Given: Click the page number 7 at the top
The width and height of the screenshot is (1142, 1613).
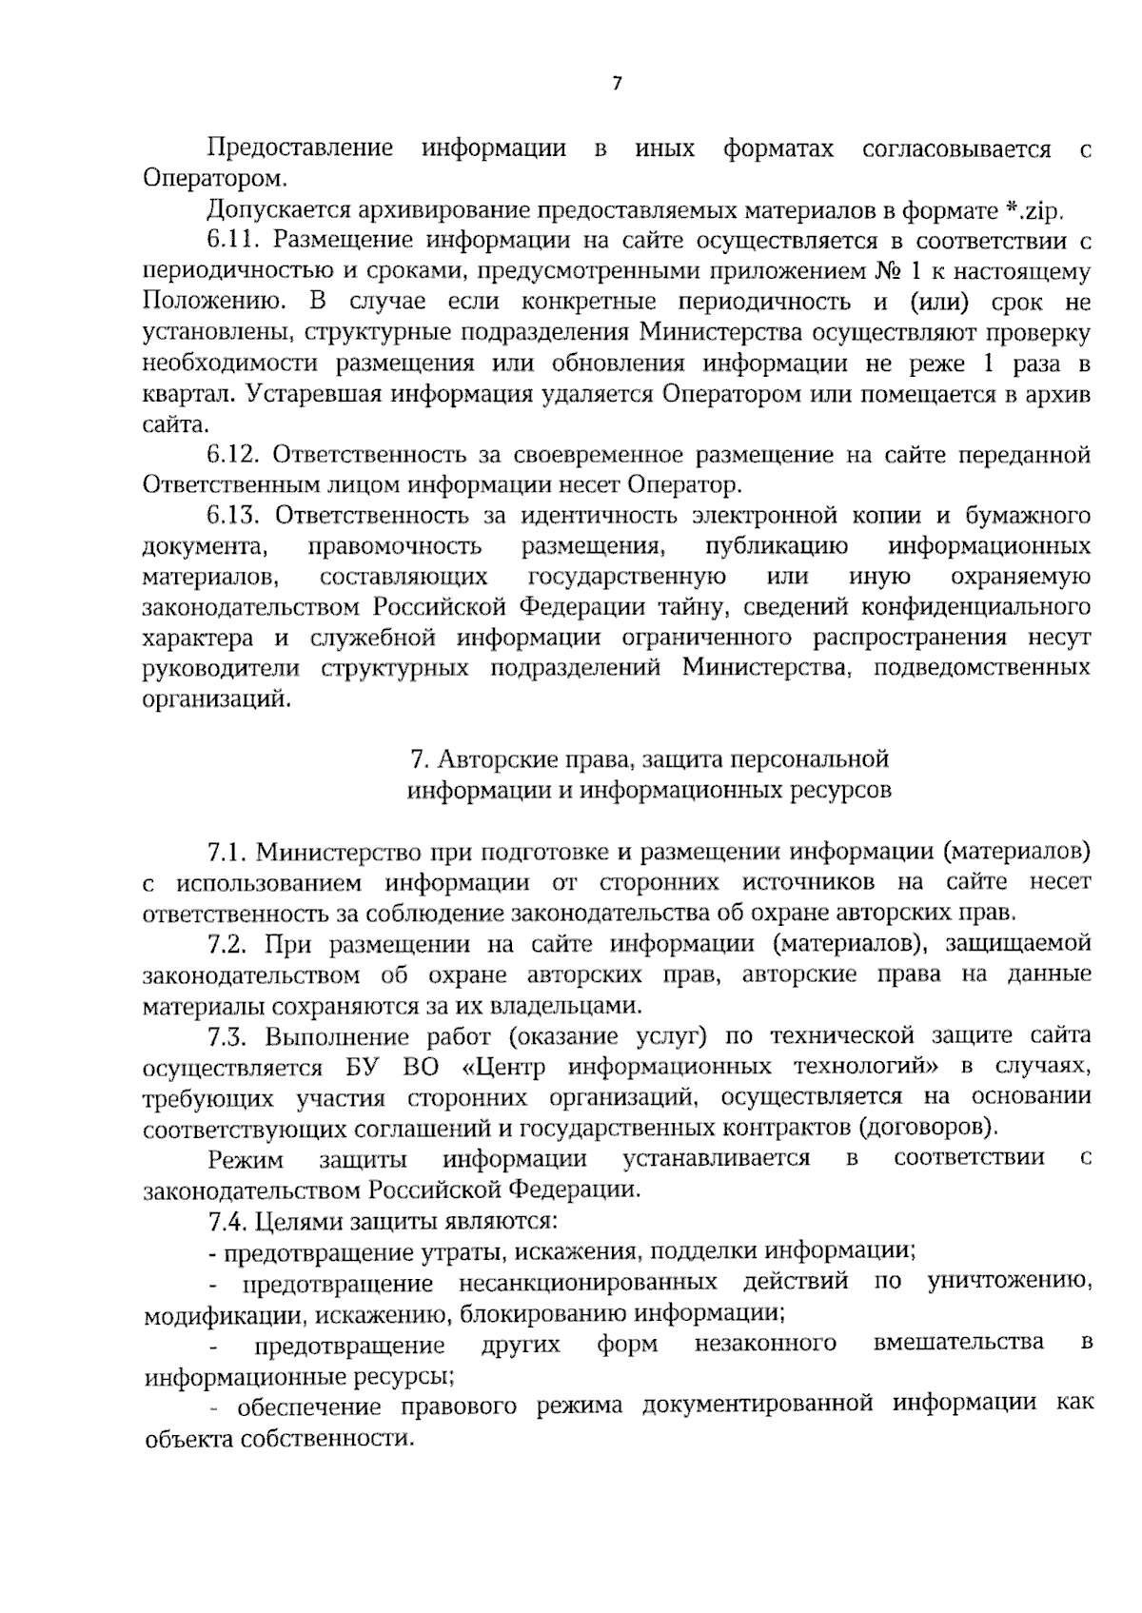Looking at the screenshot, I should (616, 84).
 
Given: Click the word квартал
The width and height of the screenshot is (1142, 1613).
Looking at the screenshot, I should (187, 394).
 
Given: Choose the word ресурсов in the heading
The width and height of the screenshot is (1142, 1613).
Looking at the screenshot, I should (840, 790).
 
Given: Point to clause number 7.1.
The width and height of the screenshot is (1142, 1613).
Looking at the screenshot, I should (226, 851).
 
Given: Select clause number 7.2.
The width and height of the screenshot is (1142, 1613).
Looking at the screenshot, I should (228, 944).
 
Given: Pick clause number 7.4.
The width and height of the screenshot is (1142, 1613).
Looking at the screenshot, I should (229, 1221).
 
